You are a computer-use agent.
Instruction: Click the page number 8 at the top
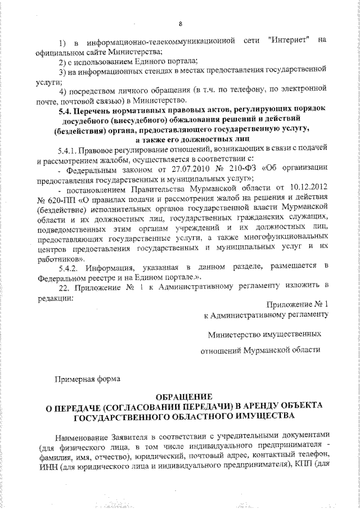180,24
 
